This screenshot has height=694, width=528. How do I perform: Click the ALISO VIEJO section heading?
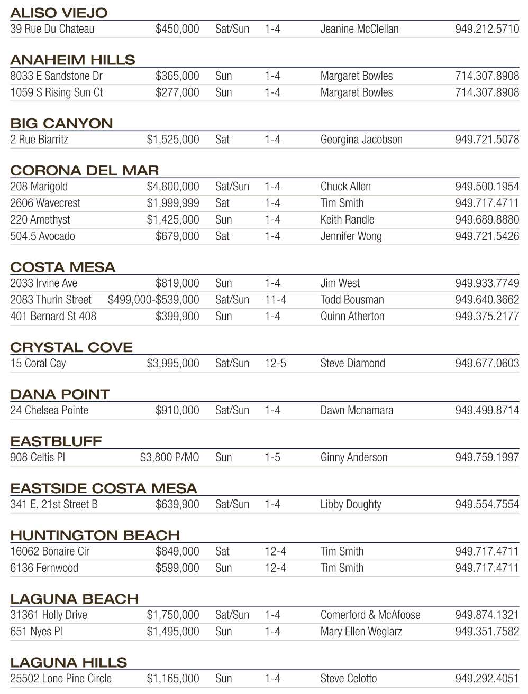coord(59,13)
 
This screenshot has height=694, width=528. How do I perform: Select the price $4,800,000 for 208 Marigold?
coord(173,187)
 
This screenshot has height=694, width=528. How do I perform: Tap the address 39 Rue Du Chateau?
coord(52,29)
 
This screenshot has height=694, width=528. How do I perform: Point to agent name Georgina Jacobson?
coord(361,140)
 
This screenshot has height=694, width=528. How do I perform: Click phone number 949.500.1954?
coord(487,187)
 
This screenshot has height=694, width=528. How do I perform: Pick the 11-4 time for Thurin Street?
coord(275,300)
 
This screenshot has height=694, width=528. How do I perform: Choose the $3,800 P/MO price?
coord(169,457)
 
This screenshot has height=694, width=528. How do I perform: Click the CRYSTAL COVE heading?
coord(71,347)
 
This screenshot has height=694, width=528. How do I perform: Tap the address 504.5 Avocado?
coord(42,236)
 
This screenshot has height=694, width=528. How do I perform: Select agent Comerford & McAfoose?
coord(370,615)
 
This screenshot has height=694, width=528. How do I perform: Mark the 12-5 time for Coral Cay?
coord(275,364)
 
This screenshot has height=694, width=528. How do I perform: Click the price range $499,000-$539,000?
coord(153,300)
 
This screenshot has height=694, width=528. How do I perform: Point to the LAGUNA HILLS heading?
coord(69,662)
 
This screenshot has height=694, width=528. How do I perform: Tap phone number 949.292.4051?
coord(487,679)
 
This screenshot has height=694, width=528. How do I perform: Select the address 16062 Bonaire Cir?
coord(50,551)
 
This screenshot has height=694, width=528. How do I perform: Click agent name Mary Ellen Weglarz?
coord(361,632)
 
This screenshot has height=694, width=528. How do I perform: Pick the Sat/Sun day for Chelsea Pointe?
coord(232,410)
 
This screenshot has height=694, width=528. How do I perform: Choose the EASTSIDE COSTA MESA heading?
coord(104,488)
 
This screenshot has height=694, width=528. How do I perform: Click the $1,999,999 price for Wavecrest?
coord(173,203)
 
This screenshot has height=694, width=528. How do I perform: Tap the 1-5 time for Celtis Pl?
coord(272,457)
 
